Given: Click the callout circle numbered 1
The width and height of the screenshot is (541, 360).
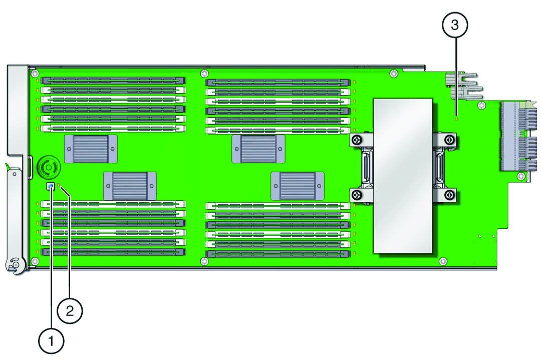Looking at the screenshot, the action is pos(51,341).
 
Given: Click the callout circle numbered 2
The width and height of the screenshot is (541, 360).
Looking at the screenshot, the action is pos(70,311).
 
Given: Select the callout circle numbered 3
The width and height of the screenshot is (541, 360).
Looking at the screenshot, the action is pos(455,25).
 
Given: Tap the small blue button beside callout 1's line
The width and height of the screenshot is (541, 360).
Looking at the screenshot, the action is pos(51,187).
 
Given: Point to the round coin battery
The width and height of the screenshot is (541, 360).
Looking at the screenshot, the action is pos(48,168).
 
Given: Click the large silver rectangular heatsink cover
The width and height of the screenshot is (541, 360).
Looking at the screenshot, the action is pos(403,176).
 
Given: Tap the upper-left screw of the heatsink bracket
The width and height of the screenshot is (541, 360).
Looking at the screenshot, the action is pos(357,140).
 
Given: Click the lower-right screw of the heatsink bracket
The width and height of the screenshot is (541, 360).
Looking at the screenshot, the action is pos(450,195).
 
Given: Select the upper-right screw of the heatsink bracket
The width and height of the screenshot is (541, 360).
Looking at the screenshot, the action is pos(450,140).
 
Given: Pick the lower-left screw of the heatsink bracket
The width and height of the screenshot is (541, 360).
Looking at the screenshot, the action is pos(357,195).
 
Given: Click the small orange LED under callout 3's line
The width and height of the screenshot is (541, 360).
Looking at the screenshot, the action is pos(456,118).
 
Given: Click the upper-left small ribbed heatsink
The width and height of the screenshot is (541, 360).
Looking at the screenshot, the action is pos(91,149).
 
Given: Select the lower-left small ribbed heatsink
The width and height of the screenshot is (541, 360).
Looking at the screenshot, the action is pos(130,186).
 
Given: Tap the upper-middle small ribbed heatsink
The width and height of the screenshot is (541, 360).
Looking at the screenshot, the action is pos(258,149).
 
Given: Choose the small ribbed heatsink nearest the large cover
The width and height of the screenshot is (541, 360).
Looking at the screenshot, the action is pos(298,186).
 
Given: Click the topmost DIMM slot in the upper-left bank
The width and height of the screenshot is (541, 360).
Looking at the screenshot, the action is pos(113,81).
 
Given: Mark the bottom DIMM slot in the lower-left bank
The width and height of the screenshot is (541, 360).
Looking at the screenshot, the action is pos(113,252).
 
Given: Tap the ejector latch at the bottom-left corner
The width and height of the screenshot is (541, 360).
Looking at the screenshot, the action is pos(16,265).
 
